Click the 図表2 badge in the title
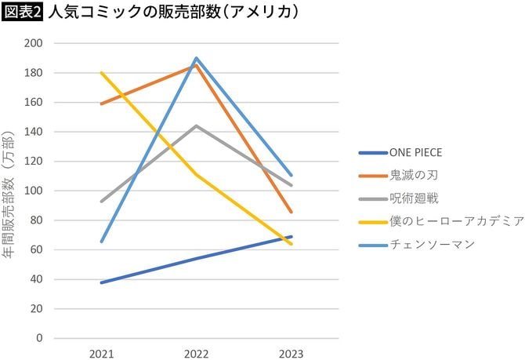22,13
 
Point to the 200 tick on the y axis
33,43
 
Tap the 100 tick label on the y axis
33,191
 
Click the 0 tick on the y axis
38,338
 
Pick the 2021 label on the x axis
101,354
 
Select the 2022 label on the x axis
196,354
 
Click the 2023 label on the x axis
290,354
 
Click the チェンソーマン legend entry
432,244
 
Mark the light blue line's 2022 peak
196,58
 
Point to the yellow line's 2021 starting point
101,73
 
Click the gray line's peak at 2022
196,125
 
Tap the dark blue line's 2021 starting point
101,282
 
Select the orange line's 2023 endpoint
291,212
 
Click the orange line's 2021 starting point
101,104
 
